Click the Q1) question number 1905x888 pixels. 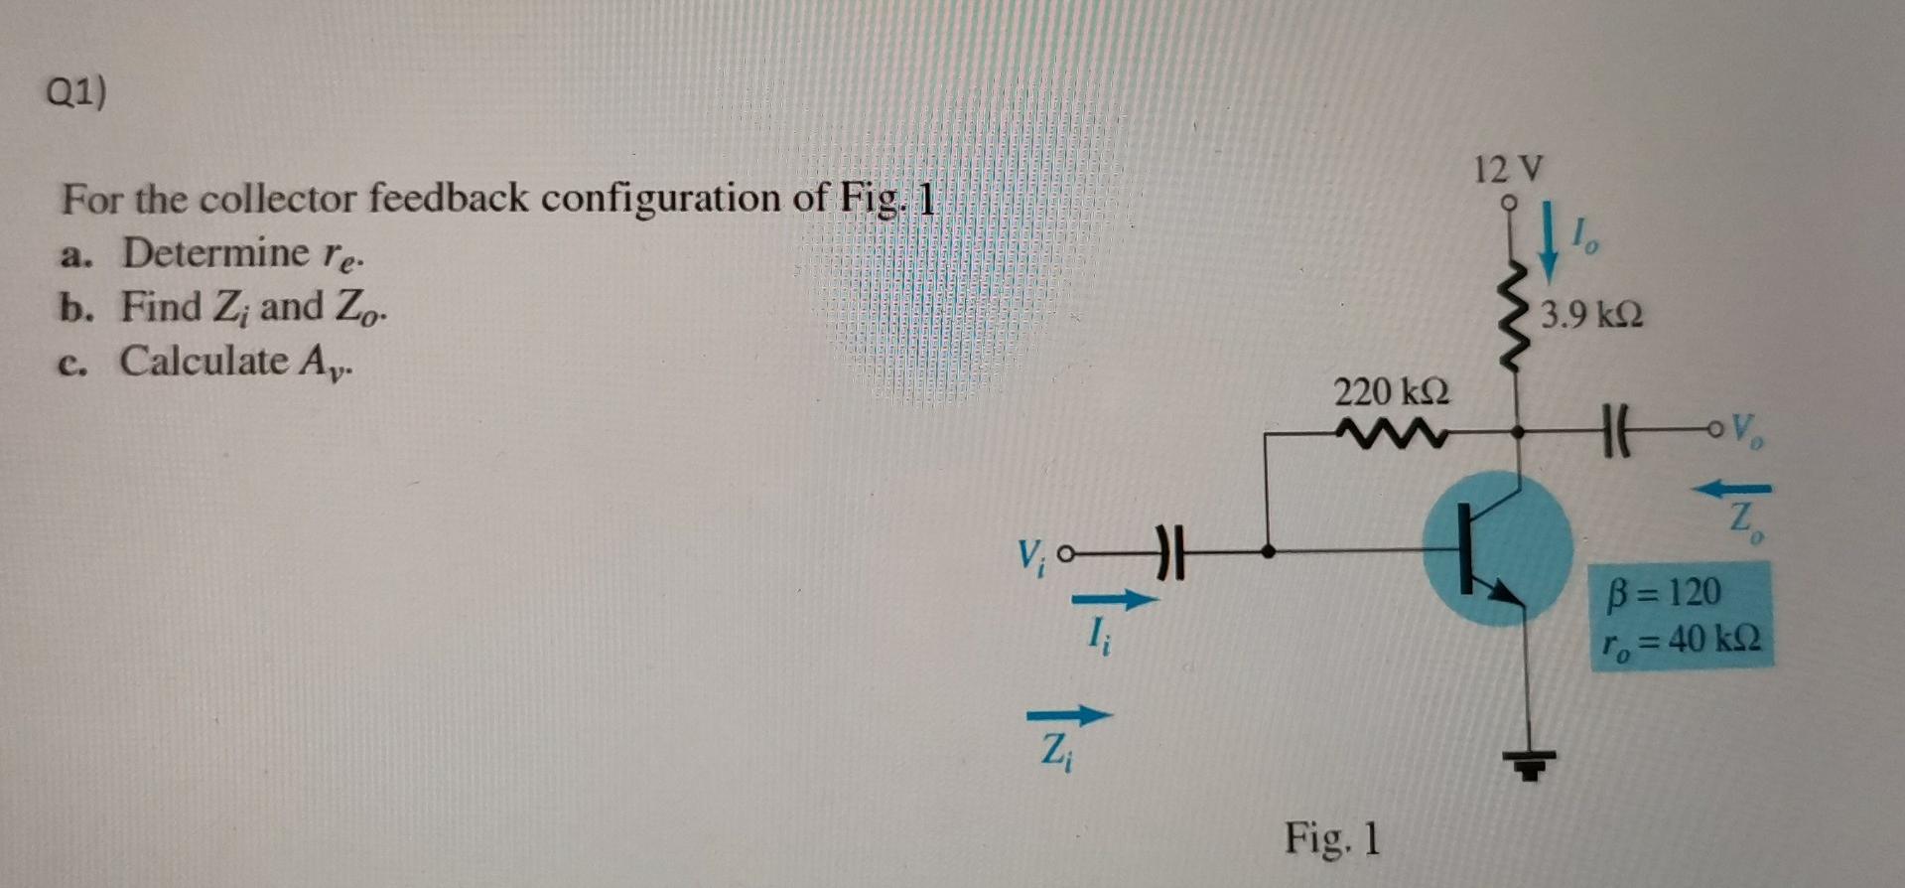coord(75,93)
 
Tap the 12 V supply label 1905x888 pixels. coord(1508,169)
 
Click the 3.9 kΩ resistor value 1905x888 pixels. coord(1591,315)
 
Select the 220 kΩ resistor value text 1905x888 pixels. coord(1391,391)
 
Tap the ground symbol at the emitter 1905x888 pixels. coord(1530,764)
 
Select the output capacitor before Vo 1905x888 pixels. coord(1617,433)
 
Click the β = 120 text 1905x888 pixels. coord(1664,591)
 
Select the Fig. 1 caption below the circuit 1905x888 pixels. coord(1332,838)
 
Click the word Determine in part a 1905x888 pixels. coord(215,253)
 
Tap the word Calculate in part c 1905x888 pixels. coord(204,361)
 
